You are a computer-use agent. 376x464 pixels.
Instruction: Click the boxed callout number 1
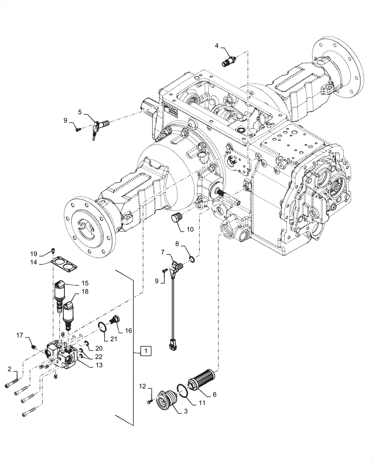pyautogui.click(x=145, y=351)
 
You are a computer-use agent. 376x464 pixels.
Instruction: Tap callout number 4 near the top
pyautogui.click(x=217, y=45)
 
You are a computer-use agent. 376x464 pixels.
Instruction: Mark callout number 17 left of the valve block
pyautogui.click(x=20, y=335)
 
